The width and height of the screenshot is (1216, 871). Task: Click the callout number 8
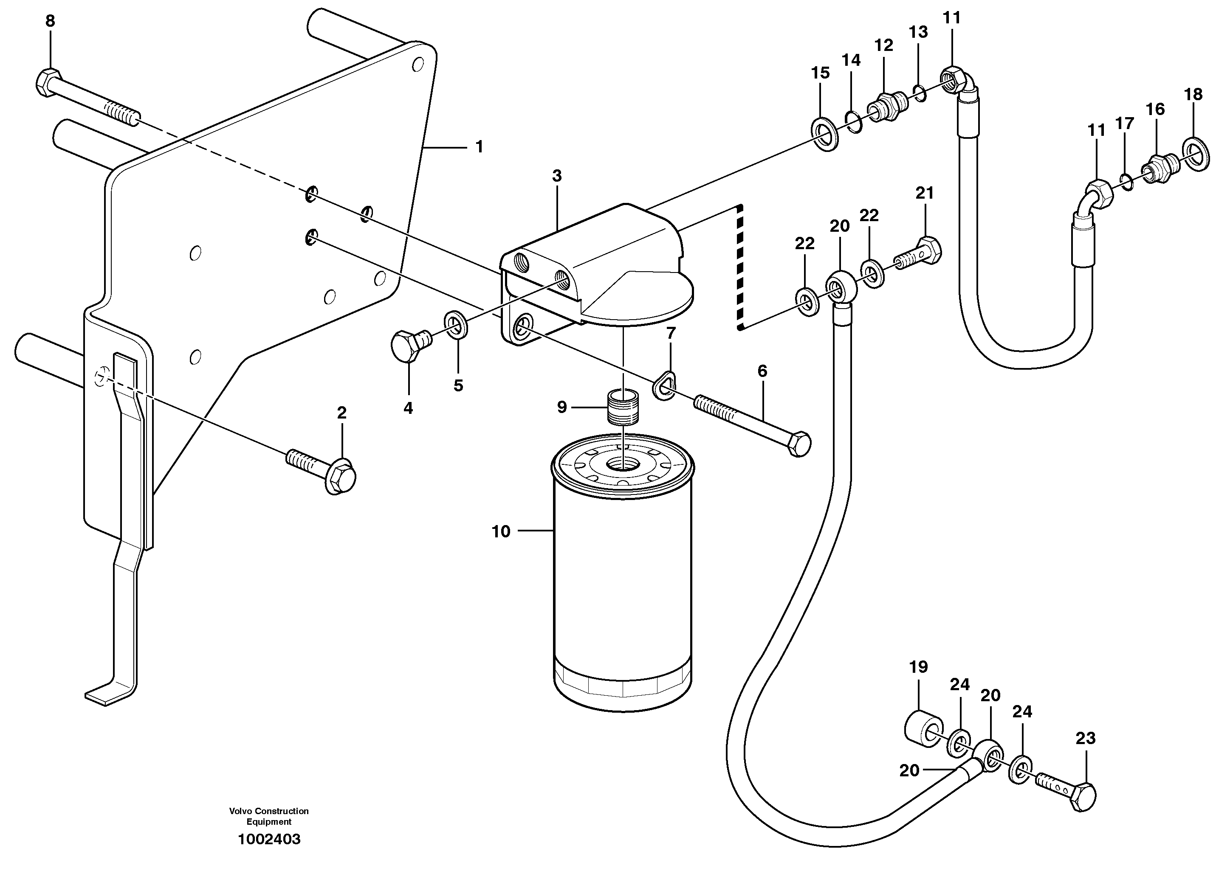[x=50, y=21]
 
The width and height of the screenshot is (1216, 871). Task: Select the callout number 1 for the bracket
[x=480, y=146]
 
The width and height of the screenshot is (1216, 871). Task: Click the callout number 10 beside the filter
[x=501, y=531]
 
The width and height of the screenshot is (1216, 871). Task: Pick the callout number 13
[x=918, y=32]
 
